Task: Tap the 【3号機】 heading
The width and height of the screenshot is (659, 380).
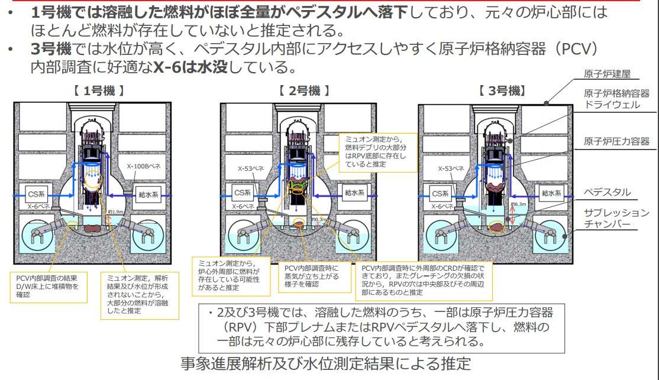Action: (502, 91)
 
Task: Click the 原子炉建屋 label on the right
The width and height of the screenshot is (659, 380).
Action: (606, 74)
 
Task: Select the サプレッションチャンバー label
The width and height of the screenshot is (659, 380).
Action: (616, 219)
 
